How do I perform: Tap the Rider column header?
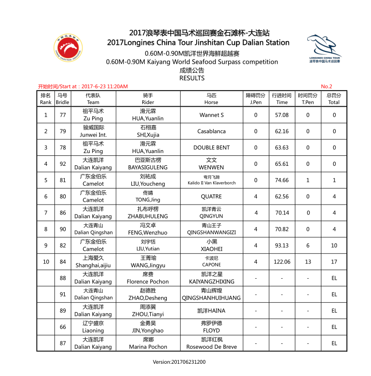148,99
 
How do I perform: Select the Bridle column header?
62,99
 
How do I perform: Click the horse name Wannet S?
211,115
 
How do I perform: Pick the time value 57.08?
282,115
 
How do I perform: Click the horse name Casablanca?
211,131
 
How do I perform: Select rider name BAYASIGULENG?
148,167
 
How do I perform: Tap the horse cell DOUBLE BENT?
211,147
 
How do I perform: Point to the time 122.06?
282,262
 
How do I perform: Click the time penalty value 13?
308,262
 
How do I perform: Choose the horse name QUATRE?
211,197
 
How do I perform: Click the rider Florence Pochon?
148,282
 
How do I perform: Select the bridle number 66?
62,327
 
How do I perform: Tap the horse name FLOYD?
211,331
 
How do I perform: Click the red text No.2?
327,86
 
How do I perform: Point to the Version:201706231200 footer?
179,362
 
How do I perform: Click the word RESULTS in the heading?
192,78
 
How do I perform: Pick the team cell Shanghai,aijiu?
93,265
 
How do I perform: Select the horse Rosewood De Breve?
211,347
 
